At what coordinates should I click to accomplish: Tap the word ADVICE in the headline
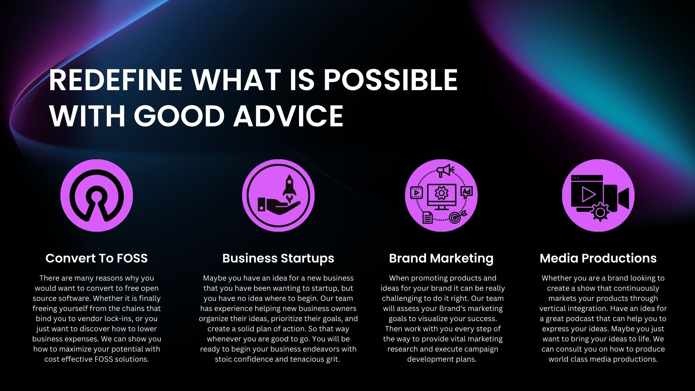(x=288, y=116)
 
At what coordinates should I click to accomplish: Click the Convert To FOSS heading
(x=97, y=258)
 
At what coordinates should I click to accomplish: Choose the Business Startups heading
(x=278, y=258)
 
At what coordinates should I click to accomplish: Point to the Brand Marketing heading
(x=441, y=258)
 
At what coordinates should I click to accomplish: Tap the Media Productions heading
(x=598, y=258)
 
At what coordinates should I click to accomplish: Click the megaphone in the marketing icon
(x=445, y=170)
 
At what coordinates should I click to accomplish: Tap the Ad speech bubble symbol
(x=467, y=192)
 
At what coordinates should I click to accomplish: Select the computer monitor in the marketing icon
(x=441, y=197)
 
